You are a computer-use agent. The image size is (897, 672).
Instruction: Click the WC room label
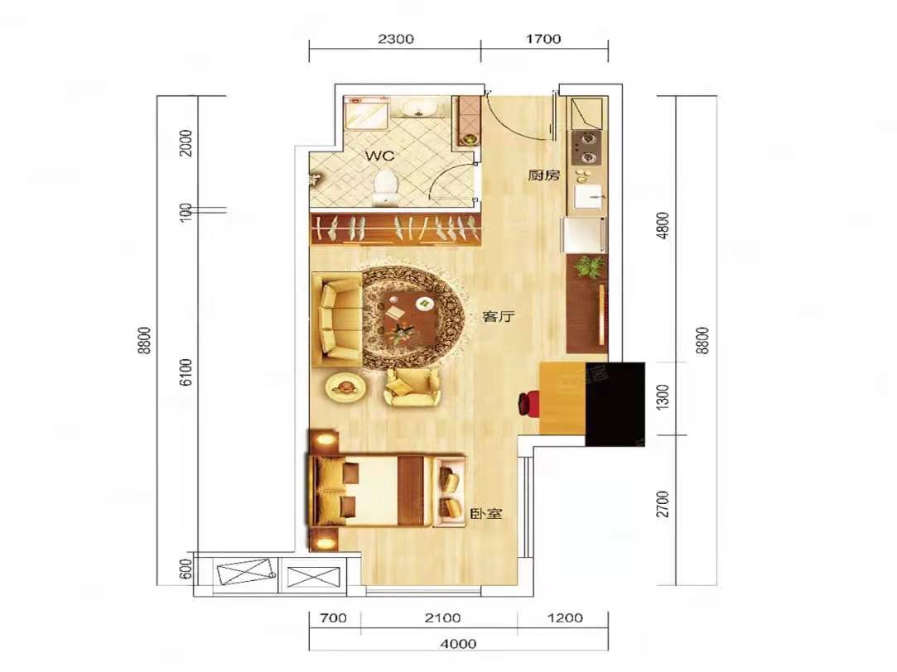tap(380, 156)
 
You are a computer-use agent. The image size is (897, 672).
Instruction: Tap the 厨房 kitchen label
tap(543, 175)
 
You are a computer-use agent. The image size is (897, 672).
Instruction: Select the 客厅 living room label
tap(499, 316)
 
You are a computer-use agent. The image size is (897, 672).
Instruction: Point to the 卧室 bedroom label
tap(486, 513)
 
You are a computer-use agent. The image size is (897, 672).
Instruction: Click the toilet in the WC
tap(386, 186)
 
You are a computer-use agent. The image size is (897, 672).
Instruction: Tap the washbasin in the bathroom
tap(419, 108)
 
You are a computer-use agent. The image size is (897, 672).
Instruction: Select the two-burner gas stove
tap(586, 148)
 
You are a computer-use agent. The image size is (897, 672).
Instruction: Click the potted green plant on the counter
tap(589, 266)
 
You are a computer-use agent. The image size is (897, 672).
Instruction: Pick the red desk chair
tap(528, 403)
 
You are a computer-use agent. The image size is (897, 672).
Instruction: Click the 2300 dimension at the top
tap(396, 39)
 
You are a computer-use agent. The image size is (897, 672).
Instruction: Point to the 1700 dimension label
tap(543, 39)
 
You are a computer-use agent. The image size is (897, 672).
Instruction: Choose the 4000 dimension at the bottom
tap(458, 644)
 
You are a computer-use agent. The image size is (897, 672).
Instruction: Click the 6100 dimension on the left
tap(186, 372)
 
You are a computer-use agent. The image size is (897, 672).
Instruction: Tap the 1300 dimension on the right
tap(662, 397)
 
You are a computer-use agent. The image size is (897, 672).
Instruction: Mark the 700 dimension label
tap(334, 617)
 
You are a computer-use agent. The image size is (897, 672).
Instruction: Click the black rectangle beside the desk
tap(615, 404)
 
